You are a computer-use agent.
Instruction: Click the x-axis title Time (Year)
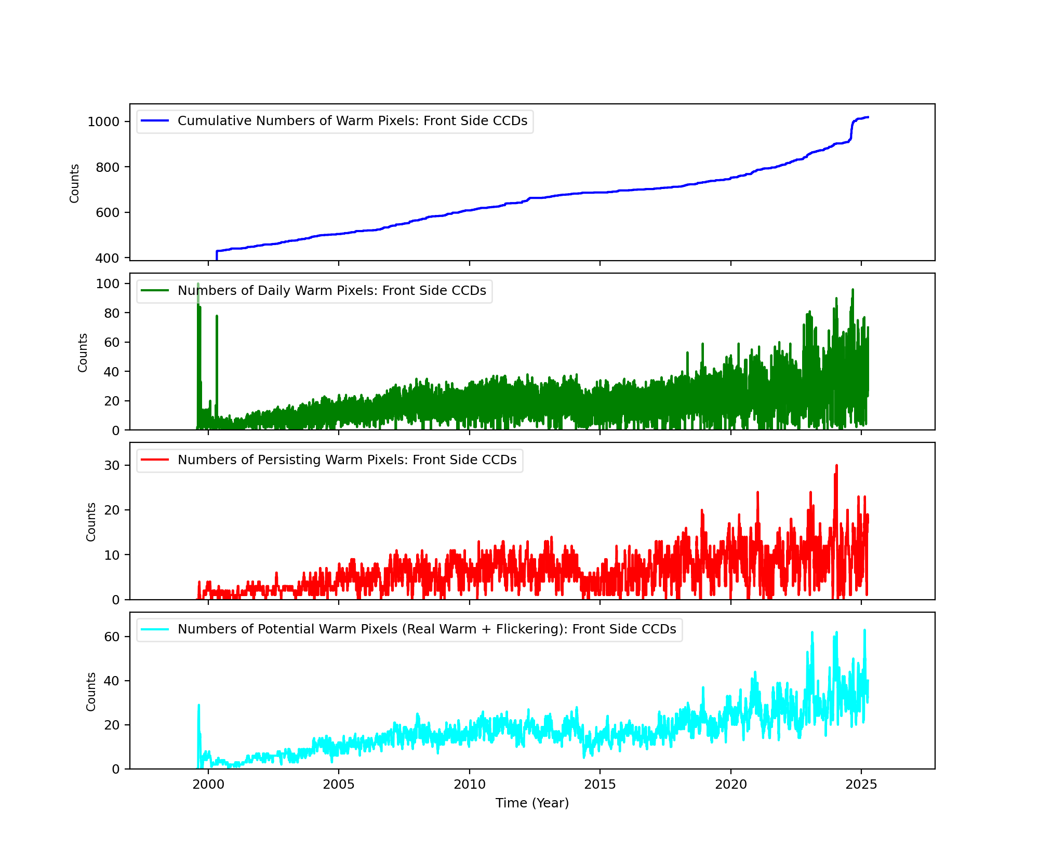click(532, 803)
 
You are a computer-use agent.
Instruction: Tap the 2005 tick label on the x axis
click(339, 785)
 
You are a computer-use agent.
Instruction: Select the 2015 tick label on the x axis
click(600, 785)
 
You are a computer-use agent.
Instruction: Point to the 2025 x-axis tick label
click(861, 785)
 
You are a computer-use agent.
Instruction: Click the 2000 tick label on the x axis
click(208, 785)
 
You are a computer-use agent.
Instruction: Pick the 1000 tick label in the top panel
click(103, 122)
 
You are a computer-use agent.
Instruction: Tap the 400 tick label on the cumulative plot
click(107, 258)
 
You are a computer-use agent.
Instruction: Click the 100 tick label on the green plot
click(108, 283)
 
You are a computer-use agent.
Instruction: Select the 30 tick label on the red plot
click(112, 465)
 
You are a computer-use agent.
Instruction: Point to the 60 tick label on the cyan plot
click(112, 637)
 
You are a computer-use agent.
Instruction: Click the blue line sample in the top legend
click(155, 121)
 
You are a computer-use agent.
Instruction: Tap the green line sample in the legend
click(155, 291)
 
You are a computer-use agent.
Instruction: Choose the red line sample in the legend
click(155, 460)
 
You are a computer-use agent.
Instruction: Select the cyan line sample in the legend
click(155, 629)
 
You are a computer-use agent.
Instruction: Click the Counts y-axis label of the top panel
click(75, 183)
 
